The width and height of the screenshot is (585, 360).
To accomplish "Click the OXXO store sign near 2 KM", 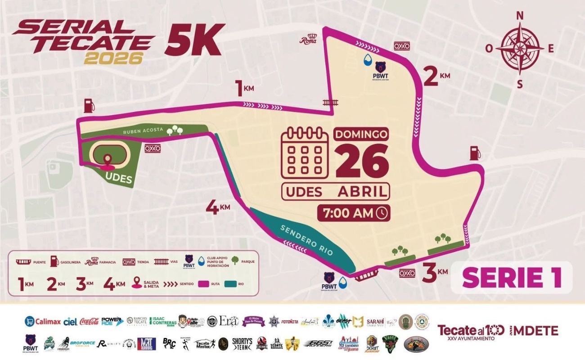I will point(402,46).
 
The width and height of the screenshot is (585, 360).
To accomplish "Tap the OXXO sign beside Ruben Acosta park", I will point(153,148).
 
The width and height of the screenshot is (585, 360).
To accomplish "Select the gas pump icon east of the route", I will point(475,153).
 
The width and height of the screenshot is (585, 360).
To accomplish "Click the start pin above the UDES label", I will point(108,160).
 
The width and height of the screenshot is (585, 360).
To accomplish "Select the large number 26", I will point(362,161).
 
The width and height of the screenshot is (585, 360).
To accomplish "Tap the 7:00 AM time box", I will point(353,213).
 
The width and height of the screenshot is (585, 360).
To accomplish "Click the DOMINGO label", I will point(361,134).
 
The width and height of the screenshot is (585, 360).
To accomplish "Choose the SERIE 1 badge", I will point(512,277).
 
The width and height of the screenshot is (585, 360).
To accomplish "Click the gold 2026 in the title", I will point(113,58).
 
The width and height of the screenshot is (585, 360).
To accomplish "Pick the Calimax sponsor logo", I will point(43,321).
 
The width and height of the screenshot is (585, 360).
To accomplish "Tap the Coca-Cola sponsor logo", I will point(89,321).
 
